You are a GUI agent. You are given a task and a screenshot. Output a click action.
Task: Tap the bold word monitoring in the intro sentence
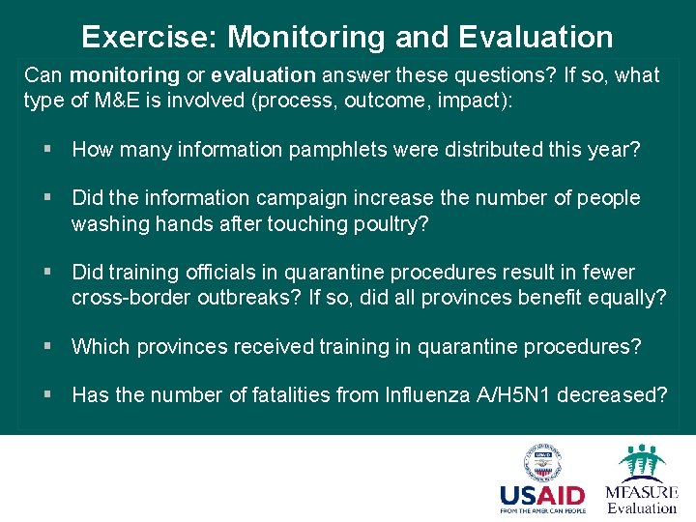tap(125, 75)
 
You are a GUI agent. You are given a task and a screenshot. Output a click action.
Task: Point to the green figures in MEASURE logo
tap(641, 461)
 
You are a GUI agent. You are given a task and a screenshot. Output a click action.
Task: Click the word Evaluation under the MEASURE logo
tap(642, 508)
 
